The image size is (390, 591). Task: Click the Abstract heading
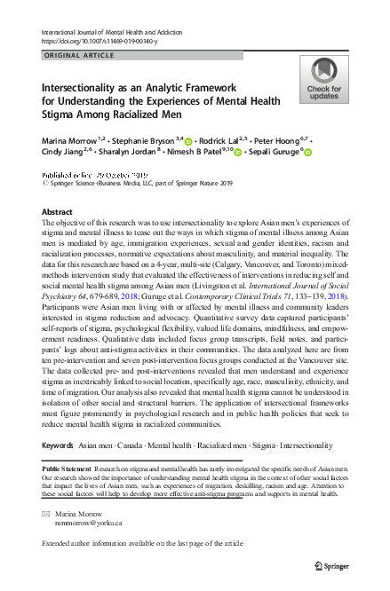click(60, 213)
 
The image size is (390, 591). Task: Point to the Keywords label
click(58, 444)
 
